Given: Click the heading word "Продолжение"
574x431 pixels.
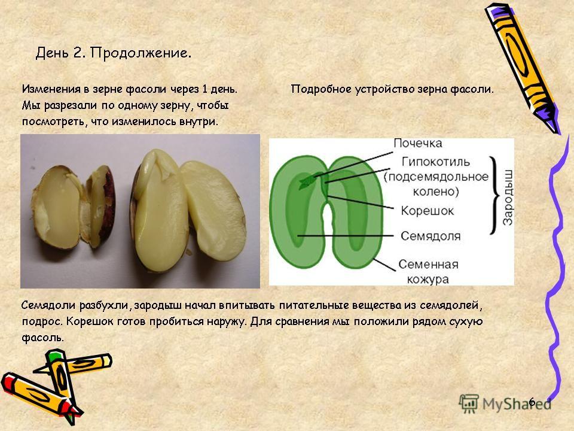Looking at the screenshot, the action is click(141, 53).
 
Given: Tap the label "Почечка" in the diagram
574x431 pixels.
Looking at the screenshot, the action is click(418, 143).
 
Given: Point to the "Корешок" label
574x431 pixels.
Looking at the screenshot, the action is click(427, 211).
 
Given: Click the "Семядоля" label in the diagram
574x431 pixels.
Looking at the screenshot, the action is click(430, 236).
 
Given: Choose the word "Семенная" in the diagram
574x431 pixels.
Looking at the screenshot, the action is click(428, 264).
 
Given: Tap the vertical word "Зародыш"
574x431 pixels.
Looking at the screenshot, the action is click(508, 197).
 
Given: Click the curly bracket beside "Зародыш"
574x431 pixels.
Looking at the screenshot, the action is click(494, 195).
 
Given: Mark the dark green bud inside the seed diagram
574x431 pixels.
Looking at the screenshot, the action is click(307, 181).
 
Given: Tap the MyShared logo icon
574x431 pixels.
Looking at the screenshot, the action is click(469, 404).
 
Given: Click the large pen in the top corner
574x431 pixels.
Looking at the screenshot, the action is click(524, 68).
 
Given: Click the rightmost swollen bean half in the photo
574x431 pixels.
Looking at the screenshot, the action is click(213, 210).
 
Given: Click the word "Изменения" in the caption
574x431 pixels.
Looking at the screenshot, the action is click(51, 89).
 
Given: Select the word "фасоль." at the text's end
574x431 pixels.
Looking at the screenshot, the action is click(43, 337).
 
